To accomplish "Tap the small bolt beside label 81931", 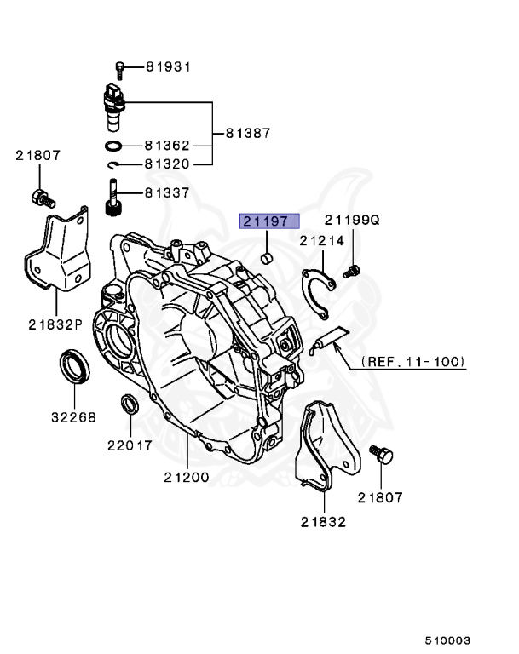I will (119, 67).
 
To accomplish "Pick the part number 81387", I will (248, 133).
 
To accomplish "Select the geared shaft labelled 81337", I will (111, 198).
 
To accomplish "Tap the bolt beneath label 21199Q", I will (350, 272).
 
